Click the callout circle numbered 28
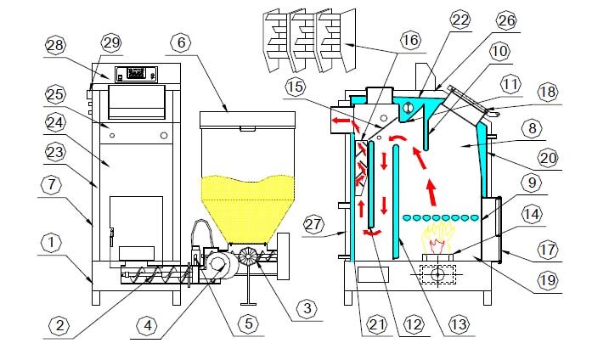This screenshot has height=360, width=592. [55, 45]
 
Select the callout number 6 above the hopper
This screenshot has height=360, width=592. [182, 42]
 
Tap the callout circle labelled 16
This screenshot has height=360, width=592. [410, 40]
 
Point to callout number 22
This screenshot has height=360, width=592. [460, 20]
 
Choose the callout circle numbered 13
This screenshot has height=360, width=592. [460, 324]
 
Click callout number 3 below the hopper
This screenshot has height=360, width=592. [307, 308]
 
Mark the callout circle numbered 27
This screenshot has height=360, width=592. [313, 224]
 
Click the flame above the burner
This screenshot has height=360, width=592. [438, 238]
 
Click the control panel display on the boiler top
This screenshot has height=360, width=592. [136, 74]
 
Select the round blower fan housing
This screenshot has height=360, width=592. [217, 265]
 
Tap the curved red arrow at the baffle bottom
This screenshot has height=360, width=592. [373, 233]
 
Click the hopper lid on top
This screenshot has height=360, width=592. [247, 119]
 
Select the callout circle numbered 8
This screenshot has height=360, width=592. [532, 129]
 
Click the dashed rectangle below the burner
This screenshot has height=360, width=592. [438, 274]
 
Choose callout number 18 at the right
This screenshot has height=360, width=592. [548, 92]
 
